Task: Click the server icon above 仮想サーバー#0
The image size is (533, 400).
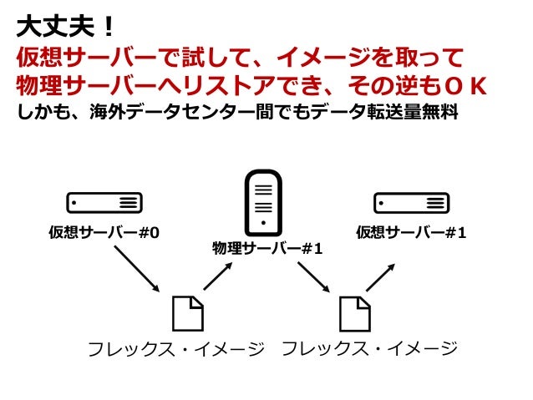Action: pyautogui.click(x=104, y=202)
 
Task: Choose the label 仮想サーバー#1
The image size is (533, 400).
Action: pyautogui.click(x=410, y=231)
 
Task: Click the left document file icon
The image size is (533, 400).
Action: pyautogui.click(x=187, y=313)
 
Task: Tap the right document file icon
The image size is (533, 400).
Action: pyautogui.click(x=354, y=313)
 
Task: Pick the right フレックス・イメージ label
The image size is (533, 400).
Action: pyautogui.click(x=370, y=348)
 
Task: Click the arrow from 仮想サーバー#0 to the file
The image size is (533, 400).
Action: pyautogui.click(x=135, y=268)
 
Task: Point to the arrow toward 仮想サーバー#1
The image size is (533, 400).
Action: pyautogui.click(x=381, y=276)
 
